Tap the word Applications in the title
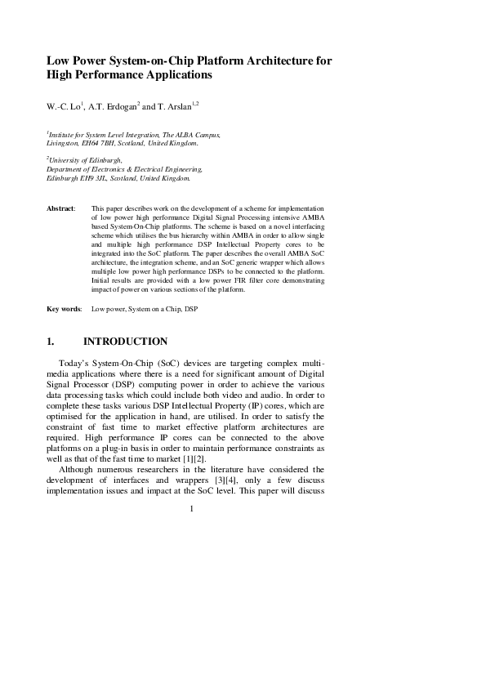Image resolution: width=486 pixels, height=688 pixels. (x=174, y=74)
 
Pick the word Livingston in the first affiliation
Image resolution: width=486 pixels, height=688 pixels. (x=65, y=143)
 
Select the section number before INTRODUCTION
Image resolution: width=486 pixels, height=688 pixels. (x=51, y=342)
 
